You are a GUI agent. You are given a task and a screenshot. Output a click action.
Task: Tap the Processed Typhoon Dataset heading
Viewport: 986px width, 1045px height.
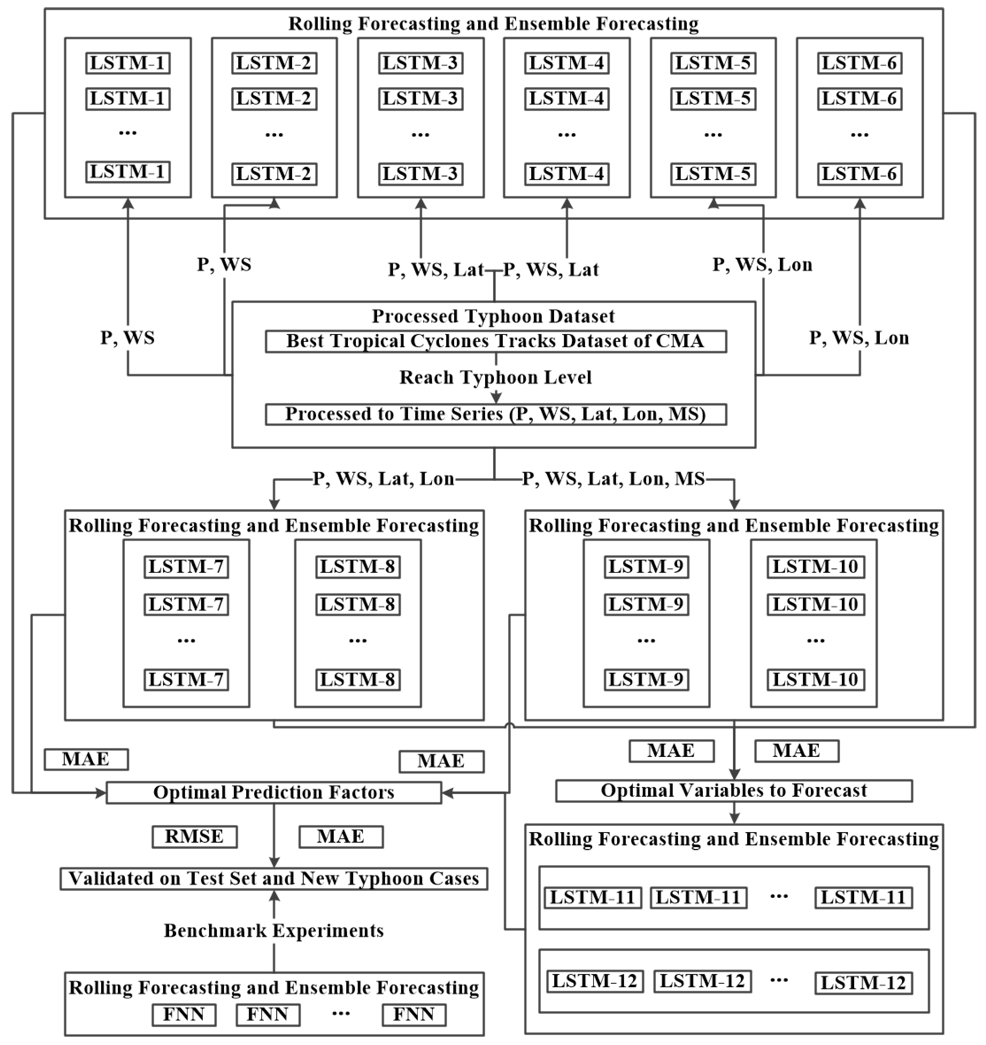(493, 317)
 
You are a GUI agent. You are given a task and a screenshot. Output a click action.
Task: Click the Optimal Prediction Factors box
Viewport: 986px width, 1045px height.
(273, 793)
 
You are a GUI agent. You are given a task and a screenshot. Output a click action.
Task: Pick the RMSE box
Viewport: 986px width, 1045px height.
(195, 837)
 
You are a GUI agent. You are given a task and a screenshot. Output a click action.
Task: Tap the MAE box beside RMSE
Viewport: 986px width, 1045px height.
(341, 837)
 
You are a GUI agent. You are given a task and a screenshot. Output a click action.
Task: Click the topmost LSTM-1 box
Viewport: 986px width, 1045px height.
(128, 63)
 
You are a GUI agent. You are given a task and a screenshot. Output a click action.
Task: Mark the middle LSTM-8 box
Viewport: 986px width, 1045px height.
(358, 605)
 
